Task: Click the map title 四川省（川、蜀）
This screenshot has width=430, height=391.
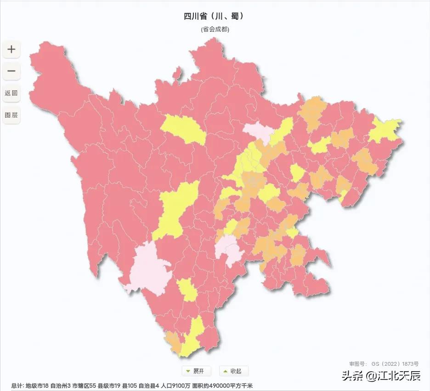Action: tap(215, 16)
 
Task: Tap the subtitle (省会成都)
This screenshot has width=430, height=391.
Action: tap(215, 29)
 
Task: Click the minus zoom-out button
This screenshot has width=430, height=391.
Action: tap(11, 71)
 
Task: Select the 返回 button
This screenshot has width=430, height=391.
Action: tap(11, 93)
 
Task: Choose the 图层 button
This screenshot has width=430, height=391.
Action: tap(11, 115)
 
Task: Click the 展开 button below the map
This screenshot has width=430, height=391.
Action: tap(196, 371)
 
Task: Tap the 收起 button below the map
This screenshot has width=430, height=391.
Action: tap(234, 371)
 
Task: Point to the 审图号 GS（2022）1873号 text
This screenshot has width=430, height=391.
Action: tap(384, 363)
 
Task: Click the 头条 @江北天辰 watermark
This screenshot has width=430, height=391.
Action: tap(381, 376)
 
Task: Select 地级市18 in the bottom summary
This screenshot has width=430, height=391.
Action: tap(37, 385)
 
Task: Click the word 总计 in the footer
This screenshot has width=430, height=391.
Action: tap(17, 385)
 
